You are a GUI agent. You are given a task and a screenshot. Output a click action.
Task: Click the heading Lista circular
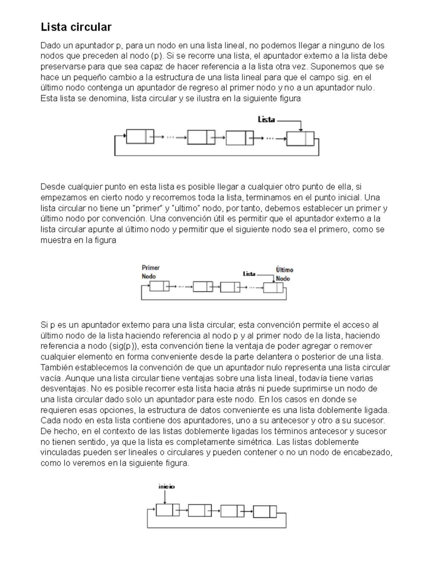click(76, 27)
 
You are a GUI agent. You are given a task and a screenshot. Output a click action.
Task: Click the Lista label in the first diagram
click(266, 120)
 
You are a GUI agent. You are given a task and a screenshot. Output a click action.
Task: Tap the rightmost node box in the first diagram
click(300, 138)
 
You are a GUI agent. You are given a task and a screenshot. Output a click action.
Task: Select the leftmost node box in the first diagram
click(139, 137)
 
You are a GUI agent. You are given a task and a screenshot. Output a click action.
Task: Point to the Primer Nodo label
click(150, 272)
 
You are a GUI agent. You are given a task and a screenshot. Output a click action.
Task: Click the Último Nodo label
click(284, 274)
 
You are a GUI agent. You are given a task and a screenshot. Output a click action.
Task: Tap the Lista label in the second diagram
click(249, 274)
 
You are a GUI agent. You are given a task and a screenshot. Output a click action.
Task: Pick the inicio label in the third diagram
click(166, 486)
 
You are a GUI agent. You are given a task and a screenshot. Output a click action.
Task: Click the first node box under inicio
click(168, 510)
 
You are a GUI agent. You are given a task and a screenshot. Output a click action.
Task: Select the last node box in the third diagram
click(265, 511)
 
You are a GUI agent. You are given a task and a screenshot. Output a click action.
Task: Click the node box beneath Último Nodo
click(273, 287)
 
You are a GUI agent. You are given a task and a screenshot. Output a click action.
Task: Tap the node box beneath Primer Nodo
click(160, 286)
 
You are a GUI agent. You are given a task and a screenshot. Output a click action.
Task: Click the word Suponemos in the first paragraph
click(333, 67)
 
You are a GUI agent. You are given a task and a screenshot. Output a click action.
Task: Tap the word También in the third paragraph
click(57, 367)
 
